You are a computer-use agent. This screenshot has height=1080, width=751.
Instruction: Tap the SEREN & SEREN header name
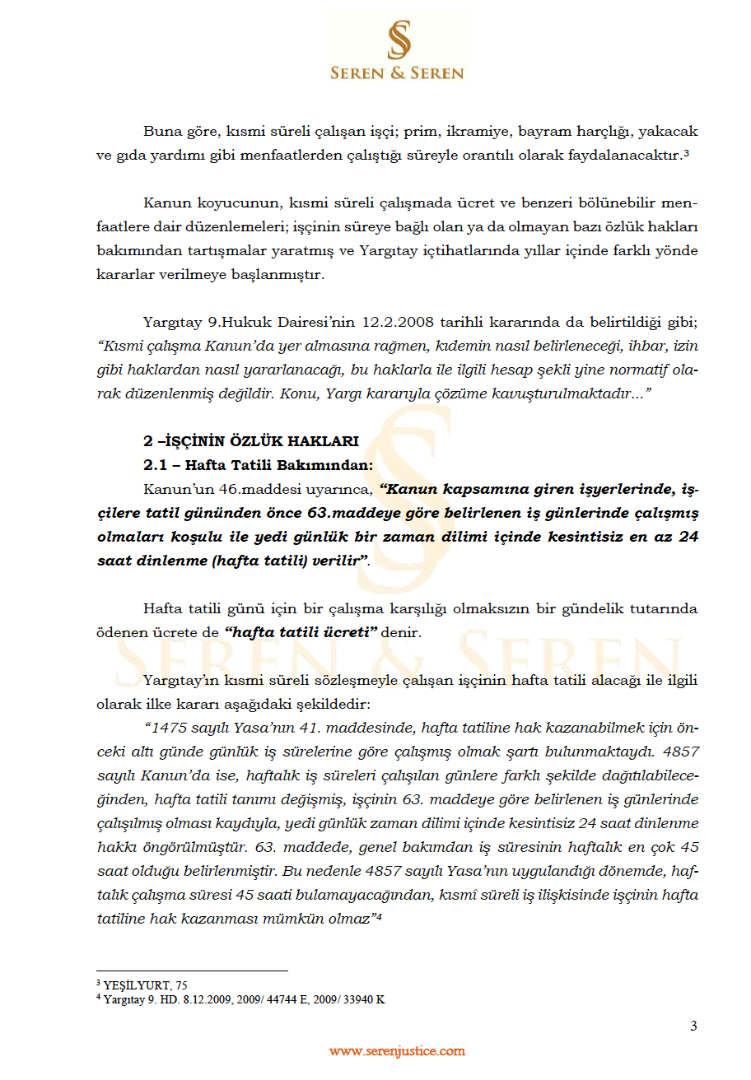397,73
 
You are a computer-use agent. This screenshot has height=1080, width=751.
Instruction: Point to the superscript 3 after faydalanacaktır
686,153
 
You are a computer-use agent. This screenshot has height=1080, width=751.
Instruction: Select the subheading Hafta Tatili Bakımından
279,465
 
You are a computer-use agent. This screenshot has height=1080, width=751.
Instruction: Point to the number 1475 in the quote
167,728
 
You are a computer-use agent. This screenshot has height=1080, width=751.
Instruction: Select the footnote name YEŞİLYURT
139,985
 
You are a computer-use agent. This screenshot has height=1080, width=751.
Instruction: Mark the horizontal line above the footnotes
192,971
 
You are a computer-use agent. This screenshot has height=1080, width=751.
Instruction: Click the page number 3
693,1026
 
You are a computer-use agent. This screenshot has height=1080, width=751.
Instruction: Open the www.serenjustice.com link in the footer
397,1051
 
